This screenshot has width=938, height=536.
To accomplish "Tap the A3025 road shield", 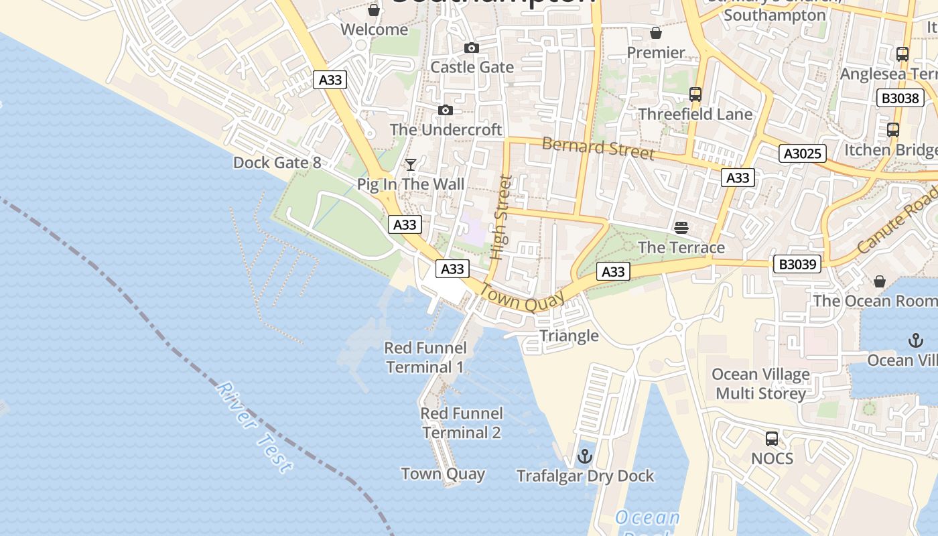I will click(x=803, y=153).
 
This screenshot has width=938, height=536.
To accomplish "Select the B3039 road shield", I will click(x=797, y=264).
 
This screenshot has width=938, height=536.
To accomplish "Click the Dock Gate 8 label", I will click(x=277, y=163).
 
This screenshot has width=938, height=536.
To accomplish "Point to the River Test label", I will click(x=255, y=427).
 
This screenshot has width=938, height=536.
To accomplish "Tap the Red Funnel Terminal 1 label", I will click(x=425, y=357).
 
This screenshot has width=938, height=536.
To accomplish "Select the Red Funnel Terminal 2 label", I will click(x=461, y=423).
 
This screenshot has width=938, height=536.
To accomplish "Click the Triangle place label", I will click(x=569, y=336).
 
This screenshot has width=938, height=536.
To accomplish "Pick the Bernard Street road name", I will click(x=598, y=148).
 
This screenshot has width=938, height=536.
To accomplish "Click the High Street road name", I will click(x=500, y=218).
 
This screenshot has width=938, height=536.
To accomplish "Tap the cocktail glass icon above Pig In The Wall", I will click(x=411, y=165).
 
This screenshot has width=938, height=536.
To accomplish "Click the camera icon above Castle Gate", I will click(x=472, y=48).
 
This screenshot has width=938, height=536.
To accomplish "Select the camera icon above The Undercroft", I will click(x=446, y=110).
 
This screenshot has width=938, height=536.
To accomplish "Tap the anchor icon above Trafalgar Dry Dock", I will click(x=585, y=456).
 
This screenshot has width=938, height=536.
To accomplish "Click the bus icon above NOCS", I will click(x=772, y=439).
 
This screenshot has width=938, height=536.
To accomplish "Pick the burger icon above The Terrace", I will click(x=681, y=228).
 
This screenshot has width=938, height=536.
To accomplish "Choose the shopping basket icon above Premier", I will click(x=656, y=33).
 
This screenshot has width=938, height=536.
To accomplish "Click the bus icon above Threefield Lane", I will click(x=695, y=94).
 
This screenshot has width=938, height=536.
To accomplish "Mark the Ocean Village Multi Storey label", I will click(x=760, y=383).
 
